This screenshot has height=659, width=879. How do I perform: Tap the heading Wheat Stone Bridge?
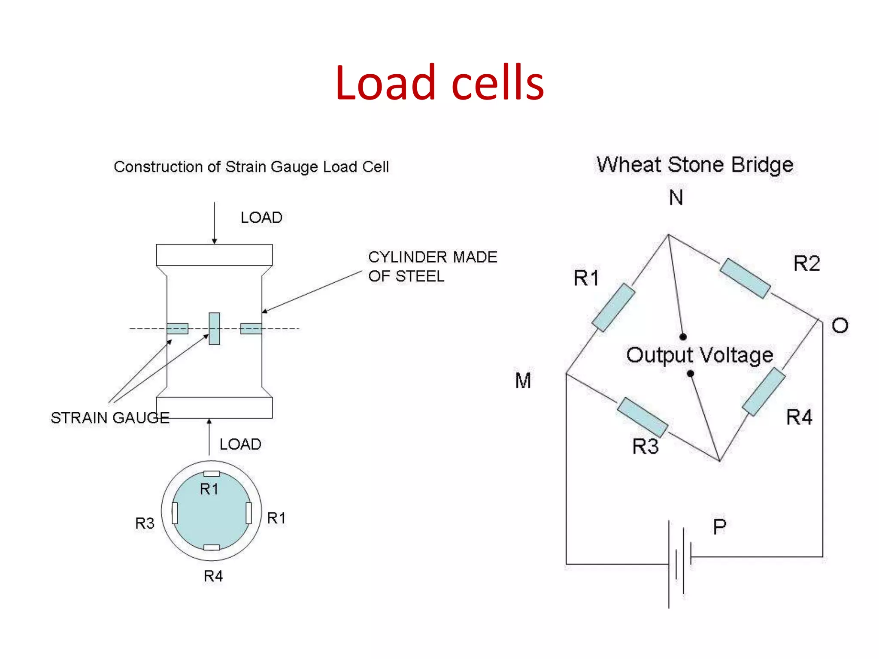pos(695,165)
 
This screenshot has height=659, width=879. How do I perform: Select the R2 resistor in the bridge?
pos(745,278)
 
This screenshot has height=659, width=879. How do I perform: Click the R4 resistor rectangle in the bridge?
pos(764,391)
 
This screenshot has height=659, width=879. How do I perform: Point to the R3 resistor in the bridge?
pos(643,417)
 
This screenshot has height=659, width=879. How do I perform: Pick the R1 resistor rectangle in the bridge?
pos(613,307)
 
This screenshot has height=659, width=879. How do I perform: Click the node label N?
pos(676,198)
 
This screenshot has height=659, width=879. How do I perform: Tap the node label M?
pos(523,381)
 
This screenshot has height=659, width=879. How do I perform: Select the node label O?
pos(840,326)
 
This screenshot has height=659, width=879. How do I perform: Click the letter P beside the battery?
pos(720,527)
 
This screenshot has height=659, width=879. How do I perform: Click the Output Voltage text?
pos(699,356)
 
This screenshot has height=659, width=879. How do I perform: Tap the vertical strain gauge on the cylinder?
pos(214,328)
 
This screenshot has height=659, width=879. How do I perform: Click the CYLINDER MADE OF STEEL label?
pos(432,266)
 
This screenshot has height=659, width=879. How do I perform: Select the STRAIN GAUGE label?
pos(110,417)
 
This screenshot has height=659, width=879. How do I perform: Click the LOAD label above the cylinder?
pos(261,218)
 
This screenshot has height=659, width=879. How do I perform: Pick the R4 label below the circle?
pos(213,576)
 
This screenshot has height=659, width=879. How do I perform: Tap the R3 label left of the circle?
pos(145,523)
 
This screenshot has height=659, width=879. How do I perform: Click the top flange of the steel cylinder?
pos(214,255)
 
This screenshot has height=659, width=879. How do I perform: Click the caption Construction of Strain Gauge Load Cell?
pos(251,167)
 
